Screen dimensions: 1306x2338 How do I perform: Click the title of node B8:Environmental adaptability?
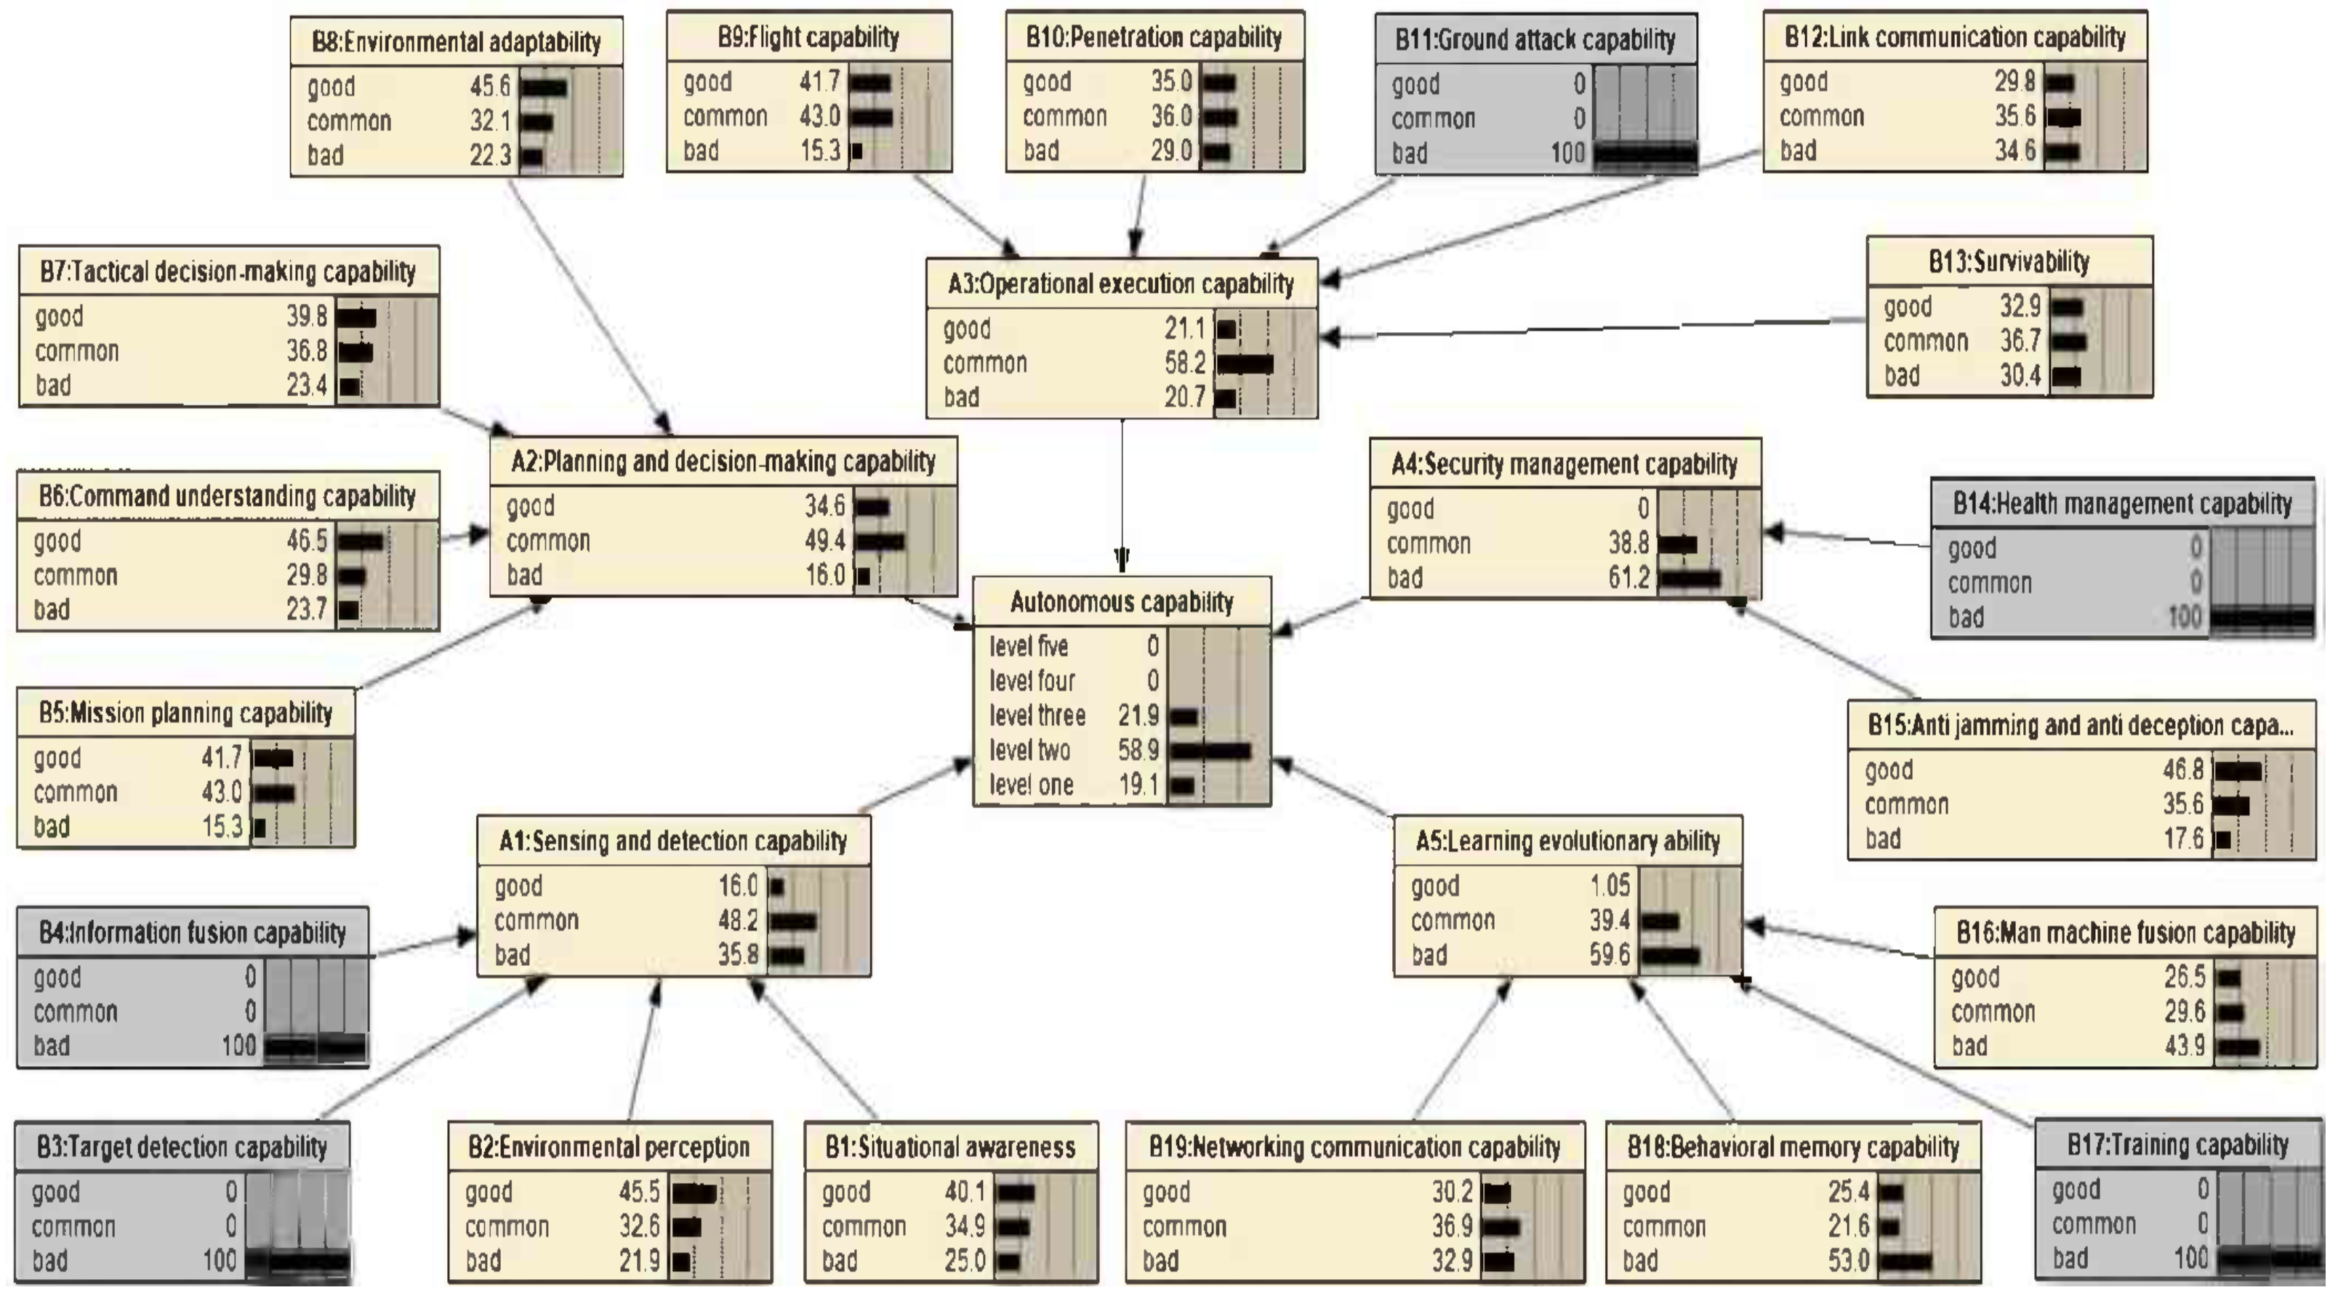tap(456, 41)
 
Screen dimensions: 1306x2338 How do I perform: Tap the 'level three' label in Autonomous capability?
tap(1037, 716)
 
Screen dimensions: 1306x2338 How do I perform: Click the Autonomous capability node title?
tap(1121, 602)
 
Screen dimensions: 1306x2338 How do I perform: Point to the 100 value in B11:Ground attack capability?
tap(1567, 153)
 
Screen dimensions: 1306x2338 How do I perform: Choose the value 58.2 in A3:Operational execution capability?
tap(1184, 363)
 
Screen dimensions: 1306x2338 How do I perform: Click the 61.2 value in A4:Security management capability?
tap(1628, 577)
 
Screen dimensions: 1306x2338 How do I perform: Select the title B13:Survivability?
tap(2009, 262)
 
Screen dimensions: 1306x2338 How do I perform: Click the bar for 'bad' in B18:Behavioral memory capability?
tap(1905, 1262)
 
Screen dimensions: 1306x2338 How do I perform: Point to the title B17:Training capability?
tap(2177, 1145)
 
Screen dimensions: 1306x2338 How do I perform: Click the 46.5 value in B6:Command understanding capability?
tap(307, 541)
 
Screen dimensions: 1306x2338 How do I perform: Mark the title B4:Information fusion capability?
tap(193, 933)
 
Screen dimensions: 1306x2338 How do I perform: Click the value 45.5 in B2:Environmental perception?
tap(639, 1192)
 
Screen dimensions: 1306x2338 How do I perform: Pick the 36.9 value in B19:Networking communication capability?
tap(1453, 1227)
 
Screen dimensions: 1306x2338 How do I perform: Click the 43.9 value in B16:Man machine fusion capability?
tap(2184, 1047)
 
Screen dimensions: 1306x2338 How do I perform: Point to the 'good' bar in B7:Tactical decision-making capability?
tap(355, 318)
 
